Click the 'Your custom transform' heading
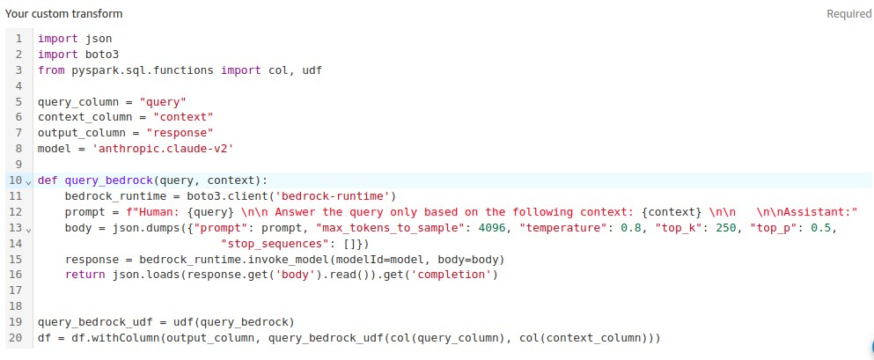click(64, 14)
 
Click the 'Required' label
click(848, 14)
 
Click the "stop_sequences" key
click(269, 244)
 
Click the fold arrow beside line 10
click(28, 181)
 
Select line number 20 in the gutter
click(15, 338)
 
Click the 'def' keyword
click(48, 180)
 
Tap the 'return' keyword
click(84, 275)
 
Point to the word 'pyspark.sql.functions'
click(143, 70)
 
